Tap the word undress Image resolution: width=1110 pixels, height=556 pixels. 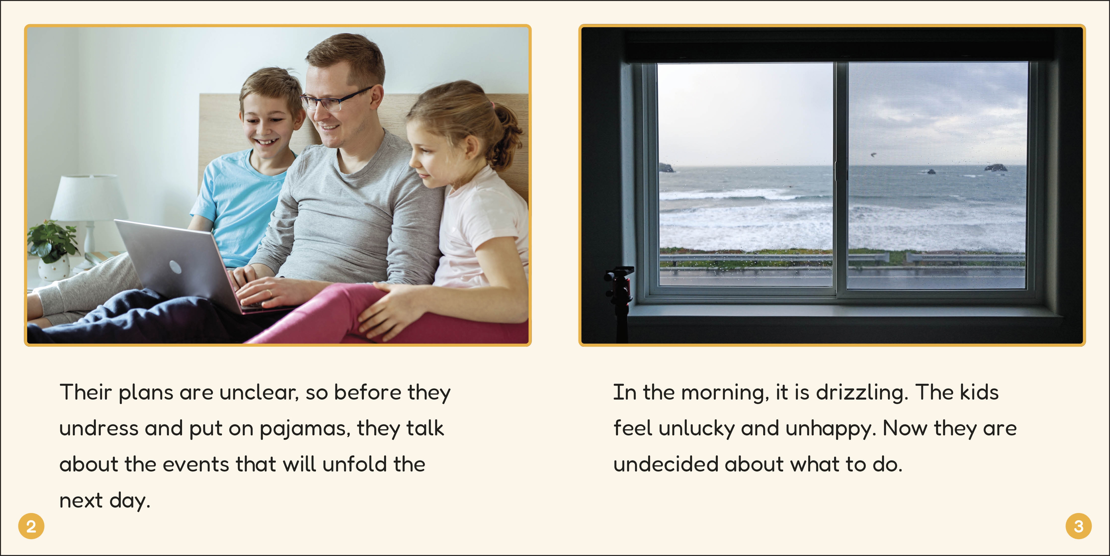click(99, 428)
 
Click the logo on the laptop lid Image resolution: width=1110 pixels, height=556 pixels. click(175, 267)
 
